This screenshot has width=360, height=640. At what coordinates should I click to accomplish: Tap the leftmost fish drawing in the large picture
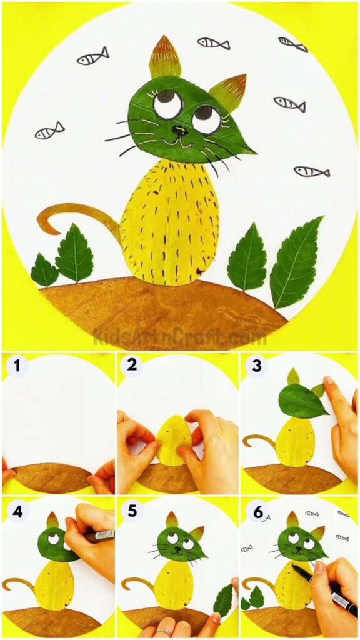pyautogui.click(x=49, y=131)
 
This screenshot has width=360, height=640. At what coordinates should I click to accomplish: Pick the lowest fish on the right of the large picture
pyautogui.click(x=311, y=171)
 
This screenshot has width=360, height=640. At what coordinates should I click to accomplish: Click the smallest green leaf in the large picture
pyautogui.click(x=44, y=271)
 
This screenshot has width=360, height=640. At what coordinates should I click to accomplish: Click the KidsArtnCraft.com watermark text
pyautogui.click(x=180, y=338)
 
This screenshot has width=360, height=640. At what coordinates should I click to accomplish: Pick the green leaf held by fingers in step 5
pyautogui.click(x=222, y=600)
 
